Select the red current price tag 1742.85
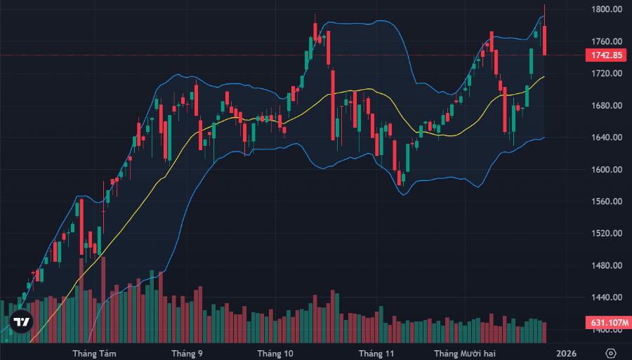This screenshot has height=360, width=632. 605,55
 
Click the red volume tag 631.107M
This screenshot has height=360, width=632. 605,323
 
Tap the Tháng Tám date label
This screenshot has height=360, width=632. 94,353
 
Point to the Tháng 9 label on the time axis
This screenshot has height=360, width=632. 187,353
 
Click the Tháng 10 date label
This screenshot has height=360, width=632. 275,353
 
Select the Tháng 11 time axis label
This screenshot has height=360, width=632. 376,353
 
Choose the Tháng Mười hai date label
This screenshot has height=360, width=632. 464,353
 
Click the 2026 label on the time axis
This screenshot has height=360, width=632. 566,353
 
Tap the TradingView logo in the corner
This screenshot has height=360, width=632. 22,322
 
